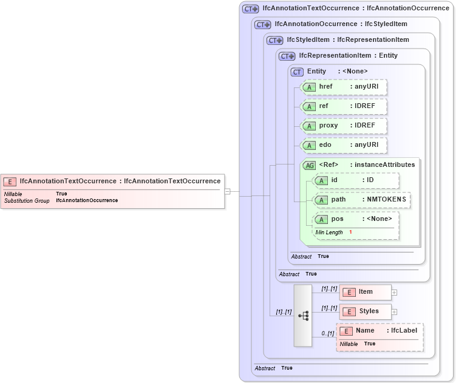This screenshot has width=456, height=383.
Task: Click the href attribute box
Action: click(344, 87)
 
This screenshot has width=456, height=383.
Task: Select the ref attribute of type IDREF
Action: click(344, 106)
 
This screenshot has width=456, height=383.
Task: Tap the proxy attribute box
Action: click(344, 126)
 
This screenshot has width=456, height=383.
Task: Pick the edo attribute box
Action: click(344, 145)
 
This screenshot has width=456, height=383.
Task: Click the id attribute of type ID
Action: click(356, 180)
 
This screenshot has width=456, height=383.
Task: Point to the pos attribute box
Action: click(356, 219)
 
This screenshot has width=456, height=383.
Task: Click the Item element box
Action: click(365, 292)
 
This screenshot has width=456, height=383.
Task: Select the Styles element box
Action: click(365, 311)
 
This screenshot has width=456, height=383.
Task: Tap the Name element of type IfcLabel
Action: click(379, 331)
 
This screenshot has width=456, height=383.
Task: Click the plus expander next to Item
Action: click(394, 293)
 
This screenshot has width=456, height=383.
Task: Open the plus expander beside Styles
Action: click(394, 312)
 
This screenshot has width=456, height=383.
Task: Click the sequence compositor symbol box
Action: click(303, 316)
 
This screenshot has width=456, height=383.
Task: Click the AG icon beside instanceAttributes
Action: click(309, 165)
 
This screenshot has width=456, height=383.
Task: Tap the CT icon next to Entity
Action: click(297, 72)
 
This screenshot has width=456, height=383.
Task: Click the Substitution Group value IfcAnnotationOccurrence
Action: click(87, 200)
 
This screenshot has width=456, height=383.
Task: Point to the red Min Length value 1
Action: click(350, 232)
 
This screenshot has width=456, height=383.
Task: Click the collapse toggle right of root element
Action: click(227, 192)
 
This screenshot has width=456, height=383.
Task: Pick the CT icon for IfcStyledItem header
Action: click(275, 40)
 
